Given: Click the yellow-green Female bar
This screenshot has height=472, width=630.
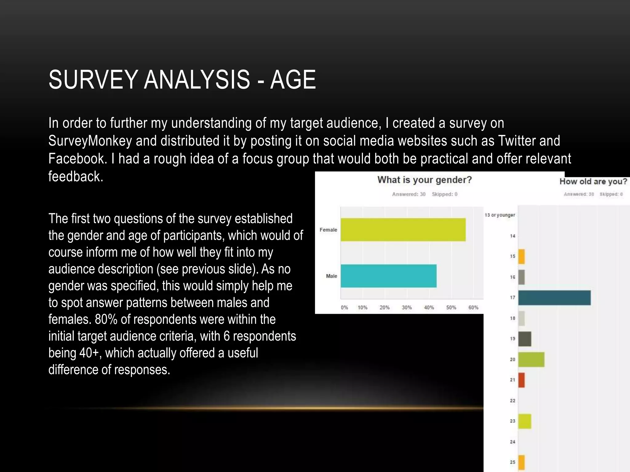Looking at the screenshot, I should coord(403,230).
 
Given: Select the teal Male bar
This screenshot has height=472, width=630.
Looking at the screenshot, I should coord(388,276).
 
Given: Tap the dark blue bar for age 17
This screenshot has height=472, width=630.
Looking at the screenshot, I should coord(554,297).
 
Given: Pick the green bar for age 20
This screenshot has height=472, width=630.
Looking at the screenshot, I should coord(531,360).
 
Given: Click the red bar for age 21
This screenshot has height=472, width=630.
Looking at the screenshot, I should coord(521,380).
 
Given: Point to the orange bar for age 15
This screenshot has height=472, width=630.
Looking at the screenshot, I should coord(521,257).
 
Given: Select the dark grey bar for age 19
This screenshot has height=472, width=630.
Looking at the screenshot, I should coord(525,339).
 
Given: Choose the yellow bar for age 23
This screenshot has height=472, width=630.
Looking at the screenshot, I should coord(525,421).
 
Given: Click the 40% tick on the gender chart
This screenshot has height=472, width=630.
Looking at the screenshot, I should coord(429,307).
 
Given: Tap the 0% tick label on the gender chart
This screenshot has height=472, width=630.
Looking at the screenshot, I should coord(344,307).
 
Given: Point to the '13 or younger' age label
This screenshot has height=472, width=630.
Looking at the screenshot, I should coord(500,215).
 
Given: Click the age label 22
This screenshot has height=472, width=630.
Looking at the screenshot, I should coord(512,400).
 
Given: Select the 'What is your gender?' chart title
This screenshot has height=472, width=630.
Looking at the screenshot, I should coord(424,180).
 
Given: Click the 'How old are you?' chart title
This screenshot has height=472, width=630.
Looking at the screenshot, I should coord(593,181).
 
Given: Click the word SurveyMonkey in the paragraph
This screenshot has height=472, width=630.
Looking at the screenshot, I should coord(90,141).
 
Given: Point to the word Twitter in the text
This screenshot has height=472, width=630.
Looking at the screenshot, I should coord(516,141).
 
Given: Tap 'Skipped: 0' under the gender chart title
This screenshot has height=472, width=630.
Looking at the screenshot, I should coord(445,194).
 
